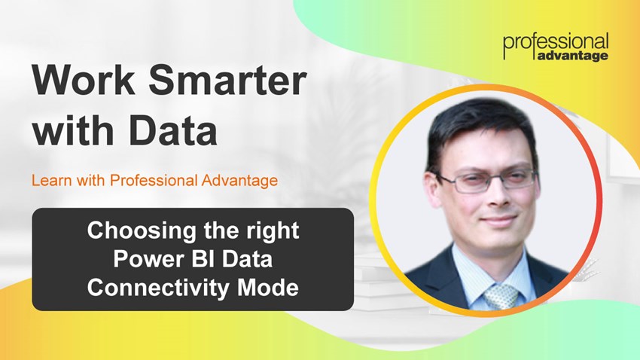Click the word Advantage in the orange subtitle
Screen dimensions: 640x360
(240, 180)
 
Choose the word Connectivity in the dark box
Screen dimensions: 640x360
(158, 288)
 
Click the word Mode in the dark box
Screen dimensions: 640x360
(268, 288)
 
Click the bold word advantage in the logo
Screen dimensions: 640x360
(573, 56)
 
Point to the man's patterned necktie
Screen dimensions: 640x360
(501, 297)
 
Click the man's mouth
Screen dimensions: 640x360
(498, 221)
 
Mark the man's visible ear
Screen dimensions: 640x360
(434, 192)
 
